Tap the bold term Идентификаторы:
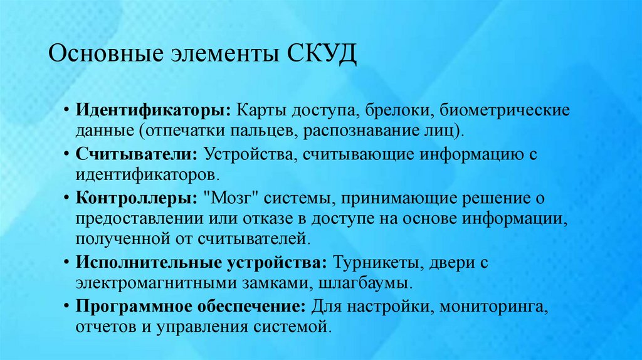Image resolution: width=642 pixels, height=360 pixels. (153, 110)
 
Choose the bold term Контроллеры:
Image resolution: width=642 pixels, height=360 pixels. (135, 198)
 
